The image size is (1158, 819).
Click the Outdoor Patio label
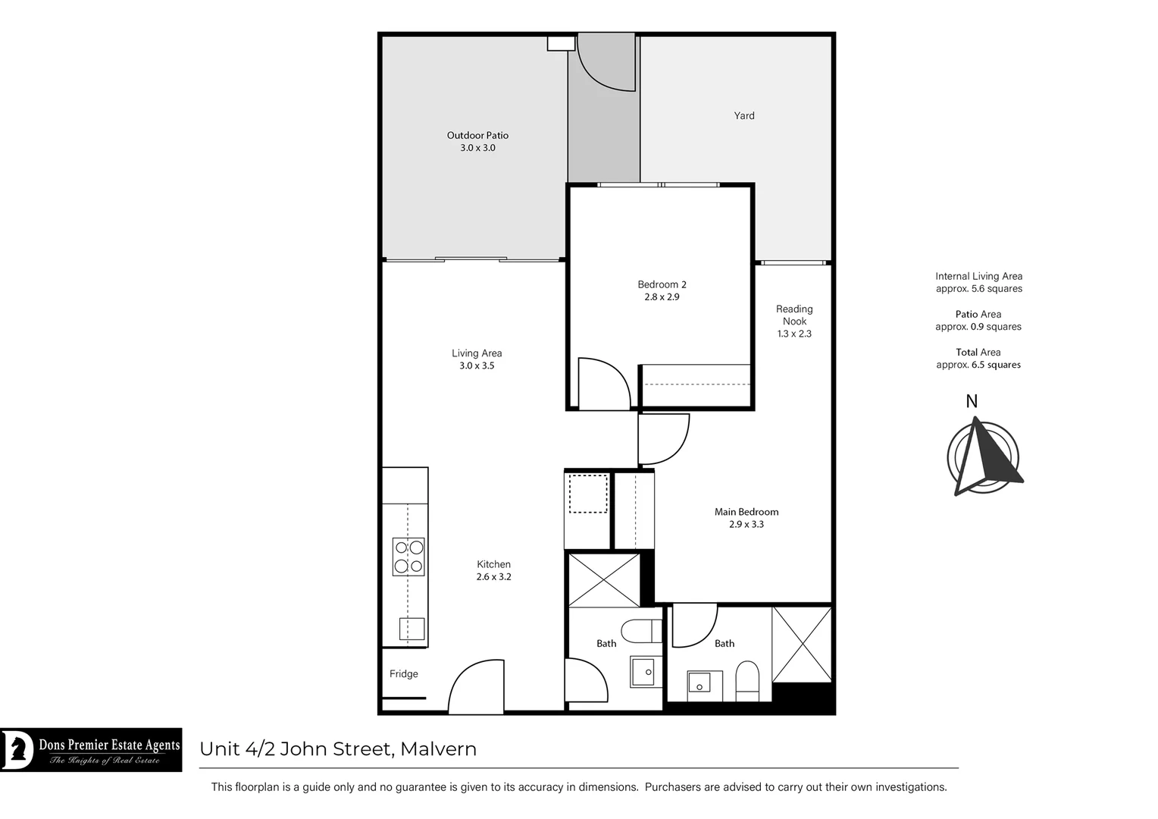pos(477,136)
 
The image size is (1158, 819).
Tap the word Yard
pos(743,116)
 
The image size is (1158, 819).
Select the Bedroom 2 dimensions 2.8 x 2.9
pos(662,297)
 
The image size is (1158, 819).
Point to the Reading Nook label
pos(794,315)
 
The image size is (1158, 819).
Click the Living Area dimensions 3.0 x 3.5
pos(476,366)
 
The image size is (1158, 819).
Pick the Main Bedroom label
pos(746,512)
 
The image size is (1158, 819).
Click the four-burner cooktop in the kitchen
pos(408,557)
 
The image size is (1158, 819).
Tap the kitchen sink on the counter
pos(412,629)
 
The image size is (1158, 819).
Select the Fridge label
pos(403,674)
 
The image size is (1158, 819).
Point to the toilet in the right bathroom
pos(746,680)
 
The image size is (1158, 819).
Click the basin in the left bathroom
pos(643,672)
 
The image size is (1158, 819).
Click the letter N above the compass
pos(972,402)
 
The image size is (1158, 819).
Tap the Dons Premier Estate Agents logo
pos(91,750)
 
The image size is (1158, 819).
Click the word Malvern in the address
pos(438,749)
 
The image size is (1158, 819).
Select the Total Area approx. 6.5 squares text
pos(978,359)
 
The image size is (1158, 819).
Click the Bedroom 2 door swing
pos(602,385)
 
